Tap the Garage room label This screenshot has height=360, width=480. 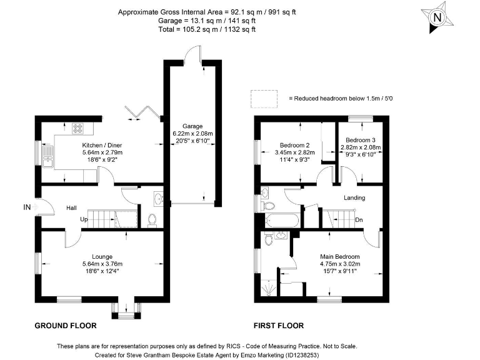pos(192,126)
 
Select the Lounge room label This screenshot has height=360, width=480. pos(102,256)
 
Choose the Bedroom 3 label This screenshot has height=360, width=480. pos(361,139)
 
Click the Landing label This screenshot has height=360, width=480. pos(354,198)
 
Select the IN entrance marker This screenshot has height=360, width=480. pos(26,207)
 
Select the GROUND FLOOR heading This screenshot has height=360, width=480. pos(64,326)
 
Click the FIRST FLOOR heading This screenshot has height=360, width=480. pos(279,326)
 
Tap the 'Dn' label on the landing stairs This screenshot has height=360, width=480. pos(359,219)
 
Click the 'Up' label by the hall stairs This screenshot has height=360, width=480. pos(83,219)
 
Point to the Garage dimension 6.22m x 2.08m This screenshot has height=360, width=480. pos(192,133)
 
